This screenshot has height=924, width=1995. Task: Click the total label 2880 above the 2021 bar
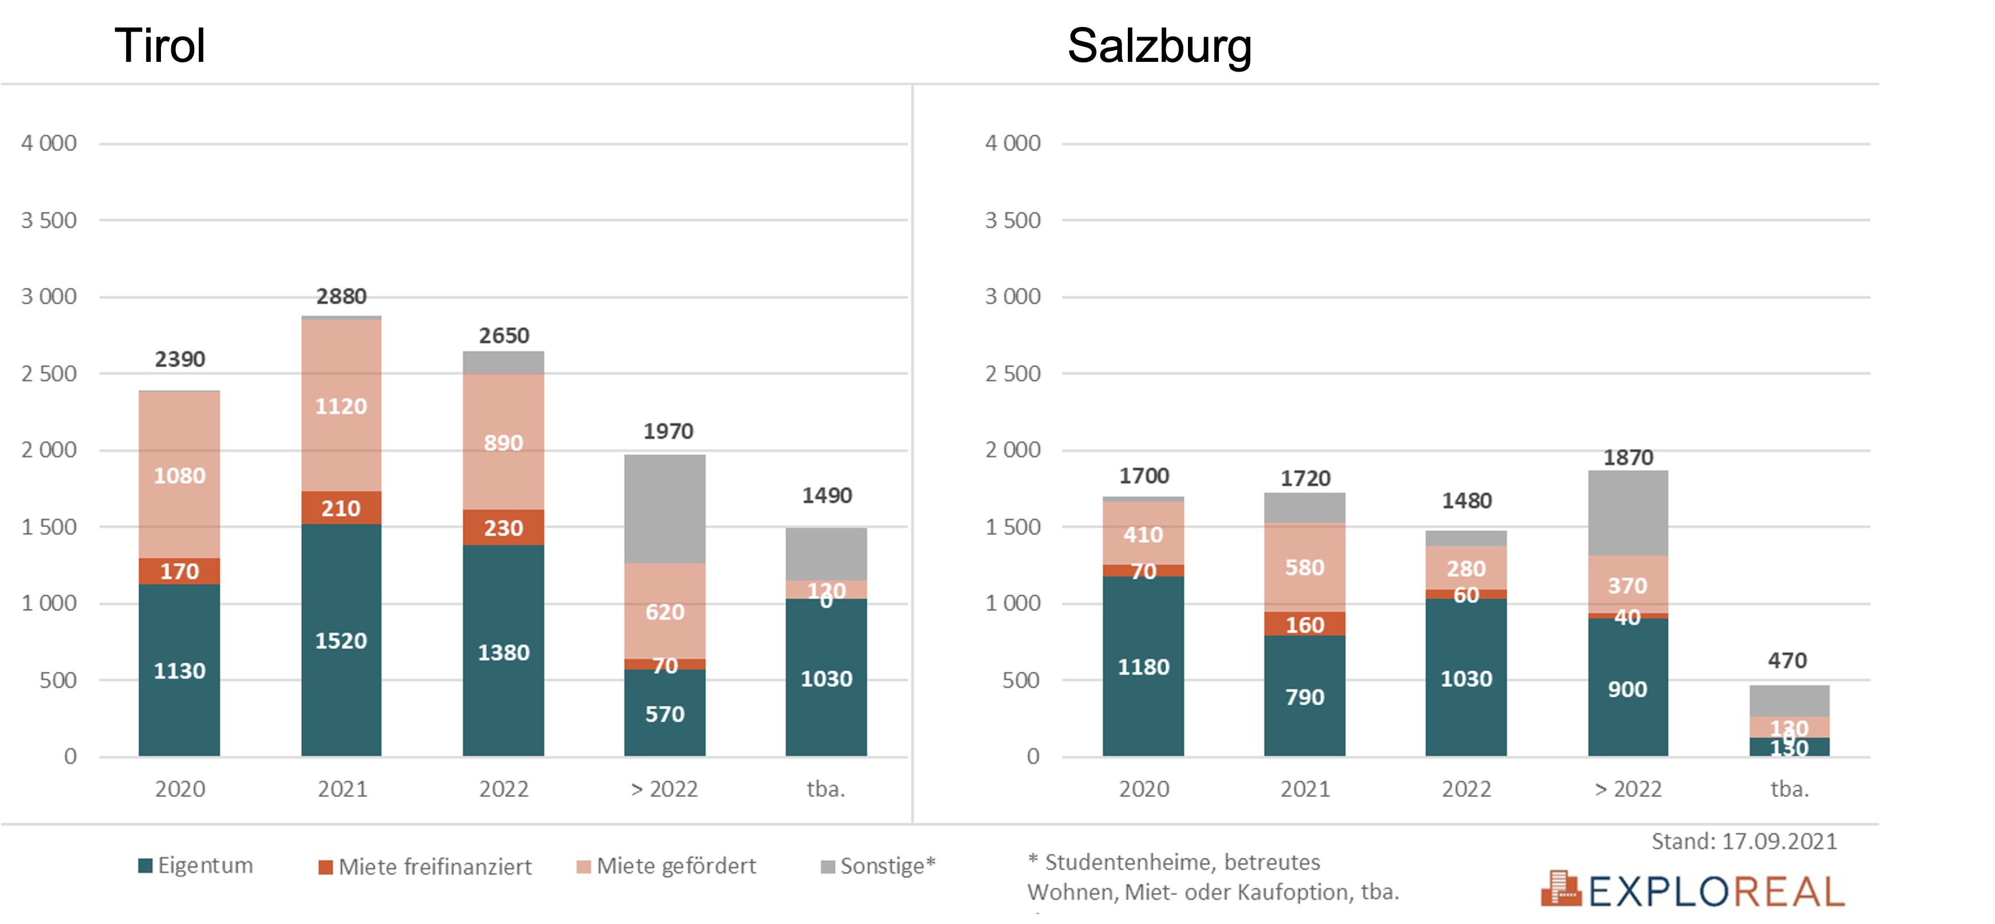[x=341, y=297]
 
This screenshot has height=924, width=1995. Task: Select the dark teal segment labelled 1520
[x=341, y=640]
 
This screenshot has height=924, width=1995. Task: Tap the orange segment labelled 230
[x=503, y=528]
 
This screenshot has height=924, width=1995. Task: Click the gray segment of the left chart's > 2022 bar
[x=664, y=508]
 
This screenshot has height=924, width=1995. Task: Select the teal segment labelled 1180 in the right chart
[x=1143, y=666]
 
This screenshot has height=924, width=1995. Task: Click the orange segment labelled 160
[x=1305, y=624]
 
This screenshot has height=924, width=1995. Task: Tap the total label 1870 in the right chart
[x=1628, y=458]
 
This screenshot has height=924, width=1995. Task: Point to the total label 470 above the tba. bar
[x=1788, y=660]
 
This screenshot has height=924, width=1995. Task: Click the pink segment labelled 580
[x=1305, y=567]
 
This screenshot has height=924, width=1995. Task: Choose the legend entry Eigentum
[x=196, y=865]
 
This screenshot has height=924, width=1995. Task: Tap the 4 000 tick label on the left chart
[x=49, y=143]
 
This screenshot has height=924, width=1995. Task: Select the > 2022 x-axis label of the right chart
[x=1628, y=789]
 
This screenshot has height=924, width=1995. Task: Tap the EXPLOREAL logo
[x=1693, y=891]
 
